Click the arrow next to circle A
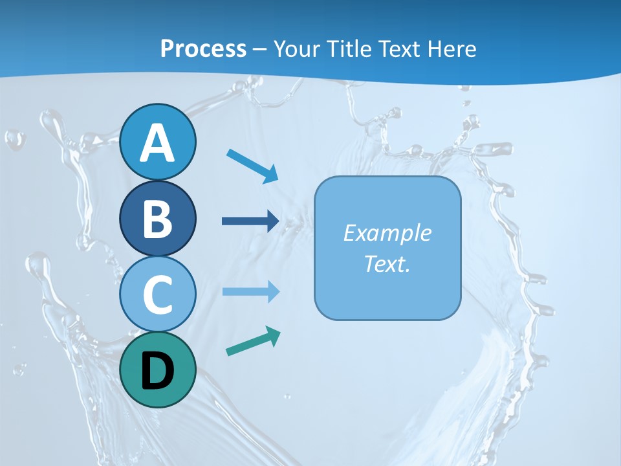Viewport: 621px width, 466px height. (x=253, y=166)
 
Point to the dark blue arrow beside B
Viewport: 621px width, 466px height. (x=251, y=221)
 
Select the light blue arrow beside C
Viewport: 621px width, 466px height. (x=251, y=292)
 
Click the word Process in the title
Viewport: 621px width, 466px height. (x=203, y=49)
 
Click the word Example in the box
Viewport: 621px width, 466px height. (x=387, y=233)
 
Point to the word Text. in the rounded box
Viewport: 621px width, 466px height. (x=387, y=263)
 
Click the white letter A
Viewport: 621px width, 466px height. (x=157, y=144)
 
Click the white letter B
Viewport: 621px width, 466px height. (x=157, y=219)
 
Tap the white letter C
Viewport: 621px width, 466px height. (x=157, y=294)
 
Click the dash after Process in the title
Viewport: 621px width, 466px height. (x=260, y=49)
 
